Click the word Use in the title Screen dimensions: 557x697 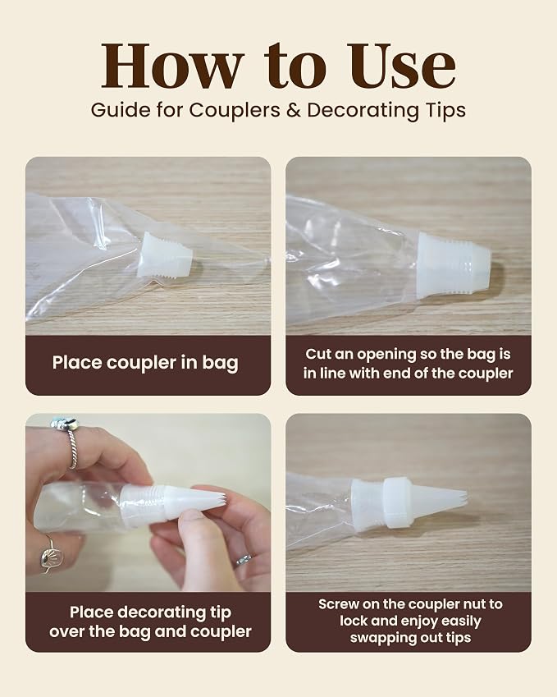tap(405, 66)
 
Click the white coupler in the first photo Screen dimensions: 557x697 tap(165, 255)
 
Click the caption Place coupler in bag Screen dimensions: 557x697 tap(145, 363)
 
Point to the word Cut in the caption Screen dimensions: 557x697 tap(317, 355)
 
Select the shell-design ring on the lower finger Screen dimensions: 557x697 tap(48, 553)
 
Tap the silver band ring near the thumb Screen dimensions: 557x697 tap(244, 560)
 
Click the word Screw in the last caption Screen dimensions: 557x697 tap(339, 604)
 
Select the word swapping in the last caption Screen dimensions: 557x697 tap(377, 639)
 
